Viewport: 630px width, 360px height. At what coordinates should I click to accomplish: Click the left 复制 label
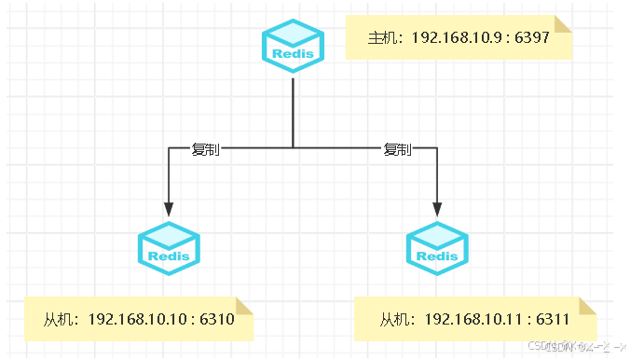tap(205, 149)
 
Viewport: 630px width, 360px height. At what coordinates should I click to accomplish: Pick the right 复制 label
tap(397, 149)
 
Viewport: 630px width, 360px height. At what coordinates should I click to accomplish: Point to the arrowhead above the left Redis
tap(169, 208)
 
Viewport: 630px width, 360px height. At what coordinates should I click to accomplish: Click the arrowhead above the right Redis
tap(437, 208)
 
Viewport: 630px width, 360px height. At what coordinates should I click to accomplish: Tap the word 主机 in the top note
tap(382, 38)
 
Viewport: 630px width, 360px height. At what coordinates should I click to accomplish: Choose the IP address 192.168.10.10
tap(138, 319)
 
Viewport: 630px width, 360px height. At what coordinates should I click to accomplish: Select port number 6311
tap(553, 319)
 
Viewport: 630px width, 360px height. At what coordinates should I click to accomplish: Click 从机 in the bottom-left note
tap(58, 319)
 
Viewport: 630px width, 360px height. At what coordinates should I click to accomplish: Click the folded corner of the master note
tap(562, 23)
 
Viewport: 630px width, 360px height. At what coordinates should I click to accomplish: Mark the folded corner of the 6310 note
tap(244, 307)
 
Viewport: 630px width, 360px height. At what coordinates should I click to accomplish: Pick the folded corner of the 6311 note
tap(587, 307)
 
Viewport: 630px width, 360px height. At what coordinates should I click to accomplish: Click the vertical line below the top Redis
tap(293, 112)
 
